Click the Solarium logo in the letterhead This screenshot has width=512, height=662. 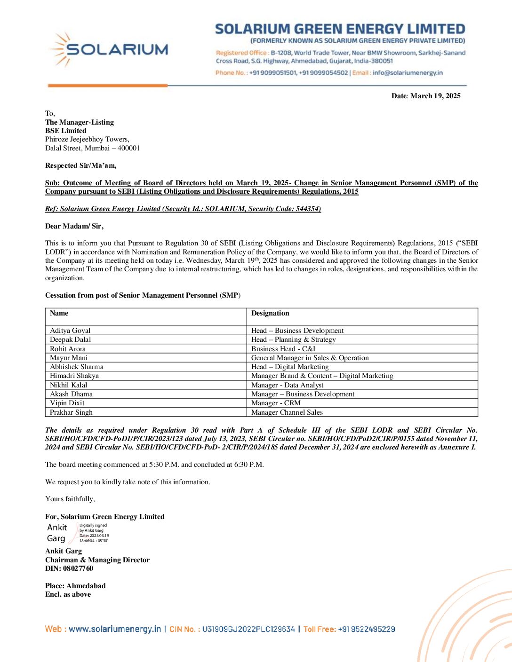point(109,49)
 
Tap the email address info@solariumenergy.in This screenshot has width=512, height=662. point(408,73)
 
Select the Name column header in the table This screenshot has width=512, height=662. point(59,313)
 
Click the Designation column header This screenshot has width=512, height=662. point(270,313)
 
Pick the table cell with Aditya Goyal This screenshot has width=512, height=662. point(70,331)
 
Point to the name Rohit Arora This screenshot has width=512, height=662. point(68,349)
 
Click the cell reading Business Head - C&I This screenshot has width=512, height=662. point(283,349)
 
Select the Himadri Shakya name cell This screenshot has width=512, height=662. point(74,376)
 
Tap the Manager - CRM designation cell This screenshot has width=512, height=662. point(276,403)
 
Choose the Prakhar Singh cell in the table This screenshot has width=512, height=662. point(72,412)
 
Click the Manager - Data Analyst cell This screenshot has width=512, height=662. point(288,385)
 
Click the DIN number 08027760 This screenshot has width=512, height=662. point(78,568)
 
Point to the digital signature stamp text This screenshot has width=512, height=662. point(94,533)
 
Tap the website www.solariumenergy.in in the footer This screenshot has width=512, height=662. point(115,629)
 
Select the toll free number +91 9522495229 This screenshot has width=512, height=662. point(366,629)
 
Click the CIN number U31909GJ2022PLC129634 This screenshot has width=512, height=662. point(248,629)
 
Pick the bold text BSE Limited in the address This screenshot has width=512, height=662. point(66,131)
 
